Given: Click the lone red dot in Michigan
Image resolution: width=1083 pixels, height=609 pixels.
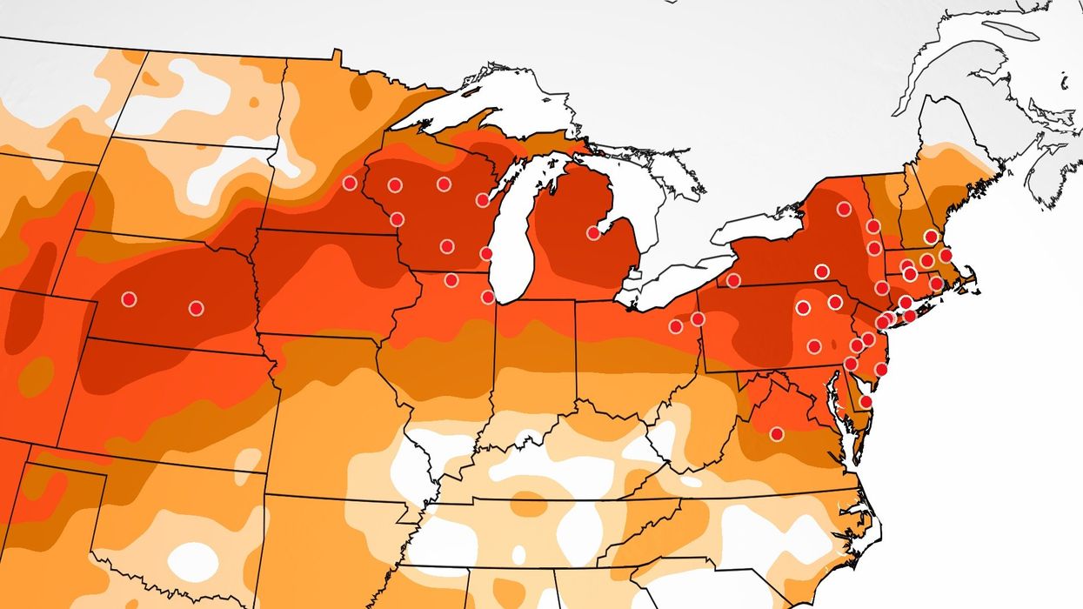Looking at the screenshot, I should [593, 232].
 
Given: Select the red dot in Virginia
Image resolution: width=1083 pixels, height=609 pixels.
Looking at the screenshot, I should [776, 433].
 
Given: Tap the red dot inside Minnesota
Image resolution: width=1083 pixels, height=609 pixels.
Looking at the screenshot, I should [350, 183].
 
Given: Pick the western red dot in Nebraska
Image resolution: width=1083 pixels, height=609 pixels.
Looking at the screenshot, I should [129, 299].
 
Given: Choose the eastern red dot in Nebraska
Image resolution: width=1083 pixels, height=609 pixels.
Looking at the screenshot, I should [196, 308].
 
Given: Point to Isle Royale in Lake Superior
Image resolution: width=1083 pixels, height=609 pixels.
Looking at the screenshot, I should [471, 90].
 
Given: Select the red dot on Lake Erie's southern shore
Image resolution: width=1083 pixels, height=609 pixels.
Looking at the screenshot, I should [733, 280].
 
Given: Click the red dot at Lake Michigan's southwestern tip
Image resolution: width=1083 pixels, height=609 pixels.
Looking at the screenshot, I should [487, 297].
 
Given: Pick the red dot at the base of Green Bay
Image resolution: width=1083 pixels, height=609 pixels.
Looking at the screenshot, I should [482, 200].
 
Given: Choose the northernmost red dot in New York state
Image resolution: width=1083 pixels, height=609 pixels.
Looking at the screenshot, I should [843, 209].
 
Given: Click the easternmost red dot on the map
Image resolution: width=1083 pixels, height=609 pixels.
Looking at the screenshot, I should [946, 255].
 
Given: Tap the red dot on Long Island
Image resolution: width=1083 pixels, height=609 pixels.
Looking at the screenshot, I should [910, 316].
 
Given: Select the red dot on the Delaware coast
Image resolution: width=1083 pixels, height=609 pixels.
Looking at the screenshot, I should [866, 401].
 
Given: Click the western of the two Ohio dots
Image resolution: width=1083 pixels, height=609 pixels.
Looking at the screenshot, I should [675, 326].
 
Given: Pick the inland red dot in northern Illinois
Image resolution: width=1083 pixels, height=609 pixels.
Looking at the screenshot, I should [451, 280].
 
